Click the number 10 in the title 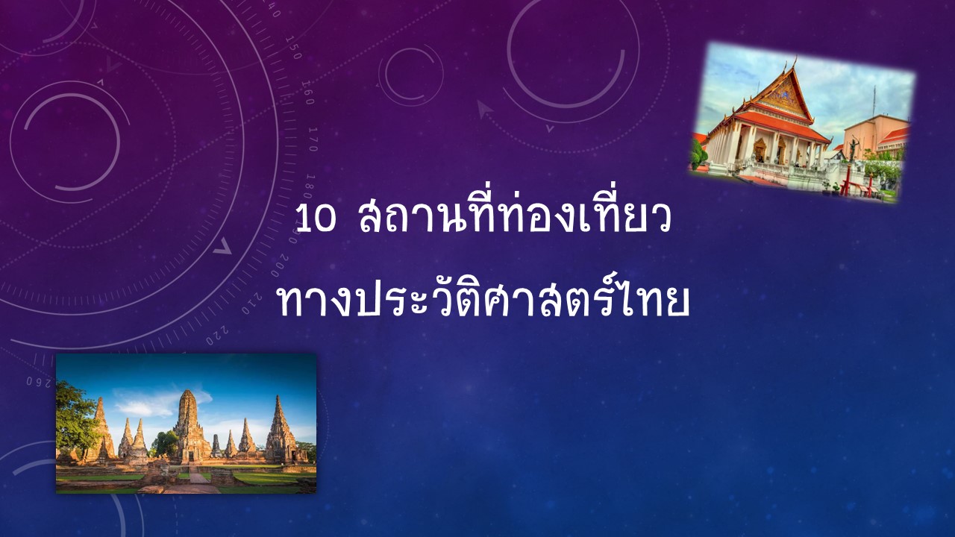(316, 219)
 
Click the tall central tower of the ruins (189, 426)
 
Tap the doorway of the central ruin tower (190, 456)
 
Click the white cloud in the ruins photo (145, 406)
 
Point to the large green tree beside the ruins (74, 418)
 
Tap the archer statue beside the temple (853, 148)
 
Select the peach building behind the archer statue (874, 135)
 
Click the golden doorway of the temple (760, 150)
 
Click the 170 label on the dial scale (313, 139)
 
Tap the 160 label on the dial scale (308, 92)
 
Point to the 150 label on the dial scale (293, 47)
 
